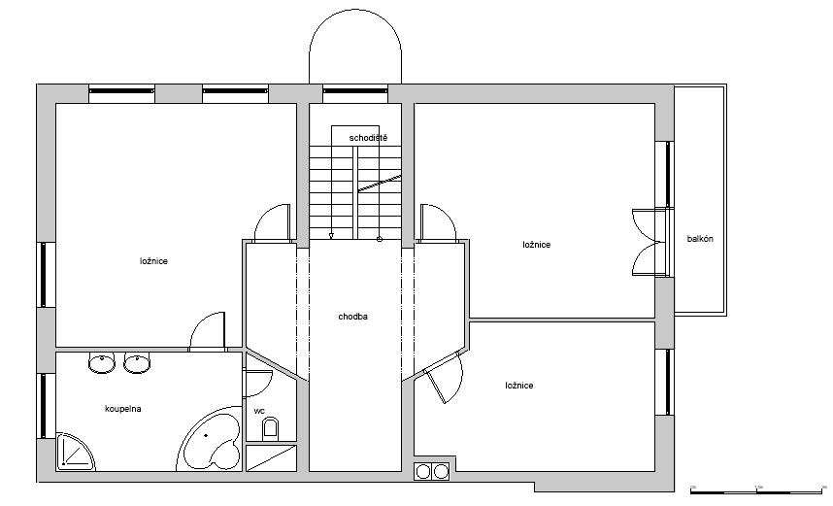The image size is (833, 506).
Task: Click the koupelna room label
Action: (122, 409)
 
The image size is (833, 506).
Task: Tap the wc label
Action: (259, 411)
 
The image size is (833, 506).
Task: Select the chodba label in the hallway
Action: (352, 317)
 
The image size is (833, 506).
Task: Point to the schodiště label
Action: (368, 138)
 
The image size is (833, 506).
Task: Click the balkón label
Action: (700, 239)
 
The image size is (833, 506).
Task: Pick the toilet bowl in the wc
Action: (270, 428)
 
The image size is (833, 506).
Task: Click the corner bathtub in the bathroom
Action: (211, 439)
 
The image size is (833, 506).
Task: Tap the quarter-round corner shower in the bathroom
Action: (75, 453)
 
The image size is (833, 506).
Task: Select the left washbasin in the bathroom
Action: (101, 363)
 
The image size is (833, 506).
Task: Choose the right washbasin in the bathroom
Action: (137, 363)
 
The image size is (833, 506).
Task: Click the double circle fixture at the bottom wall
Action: (431, 471)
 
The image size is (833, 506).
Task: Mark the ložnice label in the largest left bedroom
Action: (154, 261)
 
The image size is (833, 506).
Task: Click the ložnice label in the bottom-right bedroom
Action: (519, 386)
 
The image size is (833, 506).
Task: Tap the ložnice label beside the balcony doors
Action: (537, 245)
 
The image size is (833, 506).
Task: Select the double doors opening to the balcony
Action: (650, 243)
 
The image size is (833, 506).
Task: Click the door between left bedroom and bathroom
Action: (207, 331)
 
